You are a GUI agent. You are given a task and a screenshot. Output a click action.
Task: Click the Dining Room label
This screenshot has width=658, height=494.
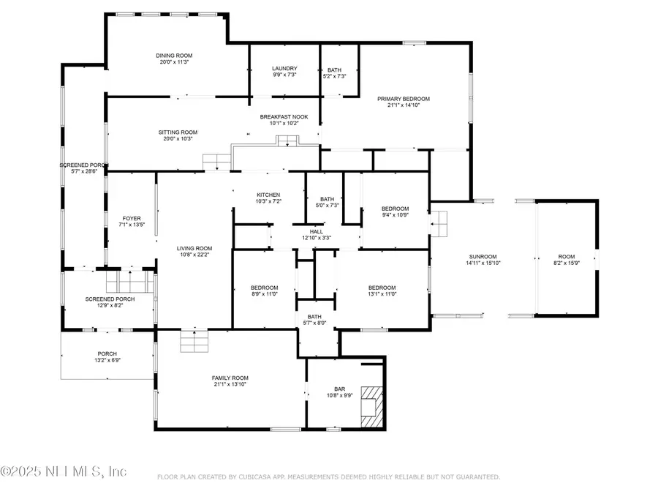[x=173, y=56]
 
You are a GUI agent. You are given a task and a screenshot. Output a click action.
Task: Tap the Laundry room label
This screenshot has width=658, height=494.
[x=284, y=69]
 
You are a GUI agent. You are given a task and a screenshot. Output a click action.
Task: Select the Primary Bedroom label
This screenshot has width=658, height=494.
[x=403, y=99]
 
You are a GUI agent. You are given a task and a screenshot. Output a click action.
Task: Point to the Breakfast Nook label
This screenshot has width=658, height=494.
[x=284, y=117]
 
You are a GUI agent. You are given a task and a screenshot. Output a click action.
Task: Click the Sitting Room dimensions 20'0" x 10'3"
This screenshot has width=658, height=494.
[x=178, y=139]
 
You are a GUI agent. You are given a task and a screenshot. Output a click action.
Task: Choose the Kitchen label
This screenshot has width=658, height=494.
[x=249, y=194]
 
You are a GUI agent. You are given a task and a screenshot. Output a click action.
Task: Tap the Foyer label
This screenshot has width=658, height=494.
[x=132, y=218]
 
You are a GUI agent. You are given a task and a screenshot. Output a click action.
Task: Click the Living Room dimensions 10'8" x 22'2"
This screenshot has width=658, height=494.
[x=194, y=255]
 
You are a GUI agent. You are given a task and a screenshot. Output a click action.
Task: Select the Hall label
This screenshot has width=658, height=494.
[x=316, y=231]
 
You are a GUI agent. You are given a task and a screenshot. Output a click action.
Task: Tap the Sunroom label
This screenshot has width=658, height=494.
[x=483, y=257]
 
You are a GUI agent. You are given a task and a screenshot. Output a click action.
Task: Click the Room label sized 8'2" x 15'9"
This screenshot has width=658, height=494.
[x=567, y=257]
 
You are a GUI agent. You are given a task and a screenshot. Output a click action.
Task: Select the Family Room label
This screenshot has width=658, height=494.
[x=230, y=378]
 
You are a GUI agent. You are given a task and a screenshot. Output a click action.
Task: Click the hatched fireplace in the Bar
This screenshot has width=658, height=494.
[x=372, y=406]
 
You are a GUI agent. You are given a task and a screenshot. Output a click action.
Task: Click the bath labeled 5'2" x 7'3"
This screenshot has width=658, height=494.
[x=334, y=70]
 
